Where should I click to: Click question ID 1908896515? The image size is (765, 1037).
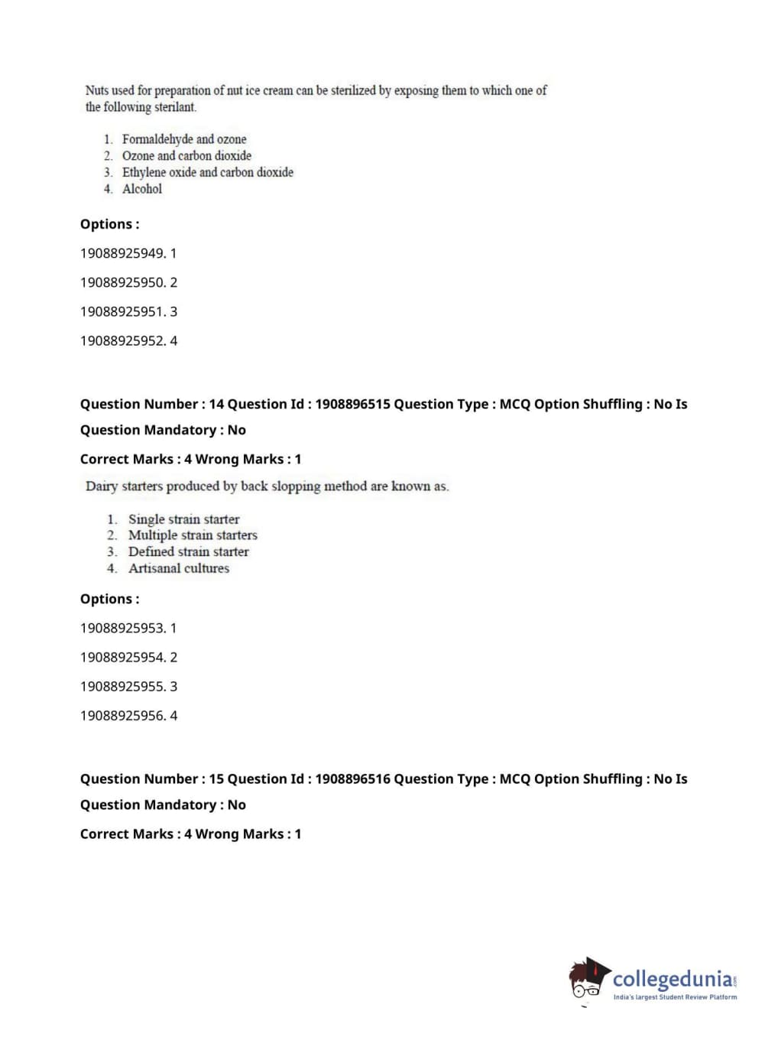pos(352,405)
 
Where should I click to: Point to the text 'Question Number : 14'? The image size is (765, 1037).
pos(152,405)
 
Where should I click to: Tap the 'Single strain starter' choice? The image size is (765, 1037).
pos(183,519)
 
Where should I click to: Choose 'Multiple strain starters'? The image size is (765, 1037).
pos(193,535)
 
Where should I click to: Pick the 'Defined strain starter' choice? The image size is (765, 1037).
pos(188,552)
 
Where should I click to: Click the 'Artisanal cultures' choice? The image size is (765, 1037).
pos(178,568)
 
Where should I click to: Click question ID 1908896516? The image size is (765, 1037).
pos(352,779)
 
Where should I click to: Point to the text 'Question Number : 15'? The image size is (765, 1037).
pos(152,779)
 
